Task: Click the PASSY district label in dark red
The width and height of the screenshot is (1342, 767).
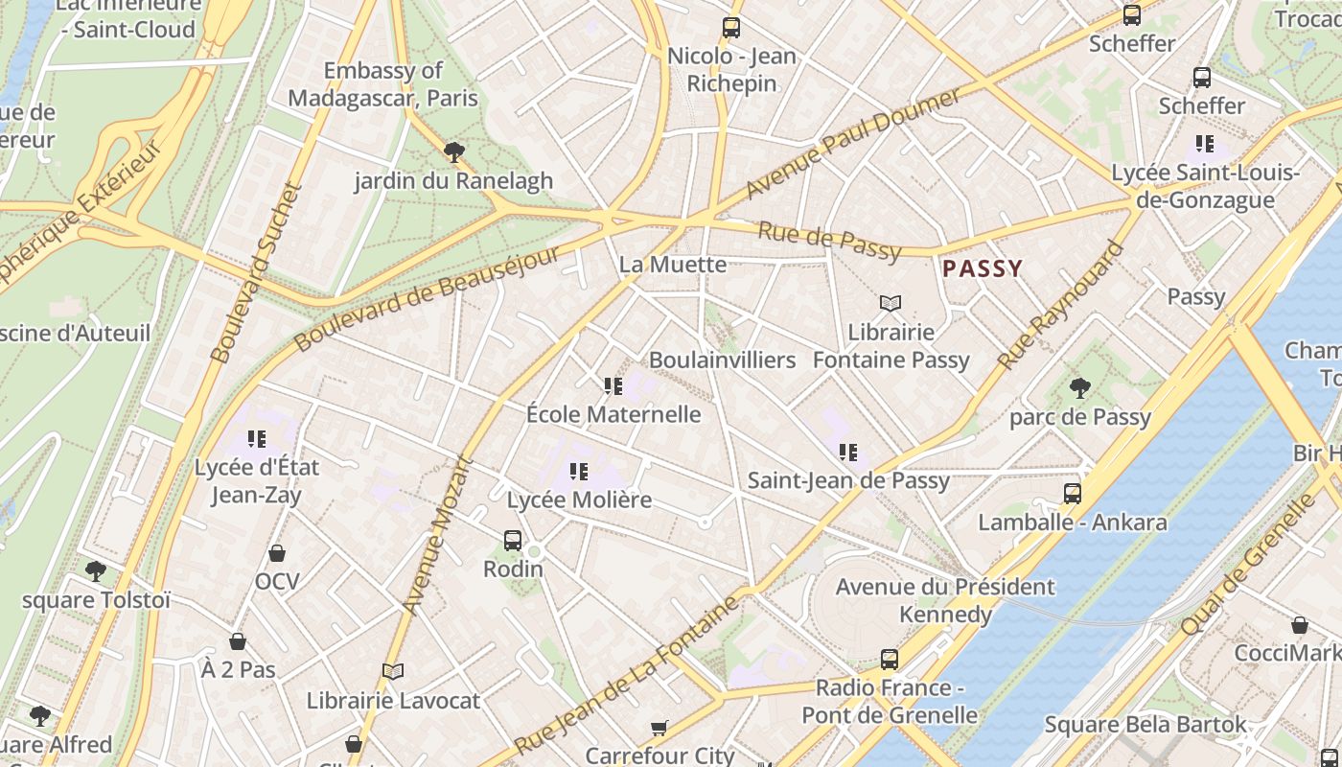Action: [x=983, y=268]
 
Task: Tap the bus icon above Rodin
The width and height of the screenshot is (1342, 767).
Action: [x=513, y=541]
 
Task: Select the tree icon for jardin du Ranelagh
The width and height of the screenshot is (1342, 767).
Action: [x=454, y=151]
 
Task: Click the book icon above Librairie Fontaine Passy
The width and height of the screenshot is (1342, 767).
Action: [x=891, y=304]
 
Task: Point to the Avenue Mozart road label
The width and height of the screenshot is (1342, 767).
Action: [x=438, y=534]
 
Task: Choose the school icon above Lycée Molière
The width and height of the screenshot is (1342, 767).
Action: [x=578, y=472]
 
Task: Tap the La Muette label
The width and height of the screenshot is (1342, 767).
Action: [x=673, y=264]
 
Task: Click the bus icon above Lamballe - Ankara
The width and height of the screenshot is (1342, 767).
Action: [x=1073, y=494]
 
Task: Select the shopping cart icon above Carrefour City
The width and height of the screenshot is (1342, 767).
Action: [x=659, y=728]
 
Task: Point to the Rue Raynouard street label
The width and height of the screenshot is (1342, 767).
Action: [x=1061, y=305]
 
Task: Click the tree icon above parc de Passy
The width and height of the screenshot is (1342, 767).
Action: [x=1080, y=388]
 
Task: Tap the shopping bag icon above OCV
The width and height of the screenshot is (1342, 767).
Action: [x=277, y=553]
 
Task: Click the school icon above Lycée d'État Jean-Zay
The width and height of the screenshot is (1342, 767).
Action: [x=256, y=439]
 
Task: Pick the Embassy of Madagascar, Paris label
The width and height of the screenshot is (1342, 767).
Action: [x=382, y=84]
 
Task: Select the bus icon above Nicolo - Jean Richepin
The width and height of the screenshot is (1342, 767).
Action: [x=731, y=28]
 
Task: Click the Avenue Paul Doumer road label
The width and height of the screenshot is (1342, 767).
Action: [x=852, y=144]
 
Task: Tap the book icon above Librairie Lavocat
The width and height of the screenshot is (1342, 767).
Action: [x=393, y=671]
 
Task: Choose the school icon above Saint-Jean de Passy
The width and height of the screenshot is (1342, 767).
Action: [x=848, y=452]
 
